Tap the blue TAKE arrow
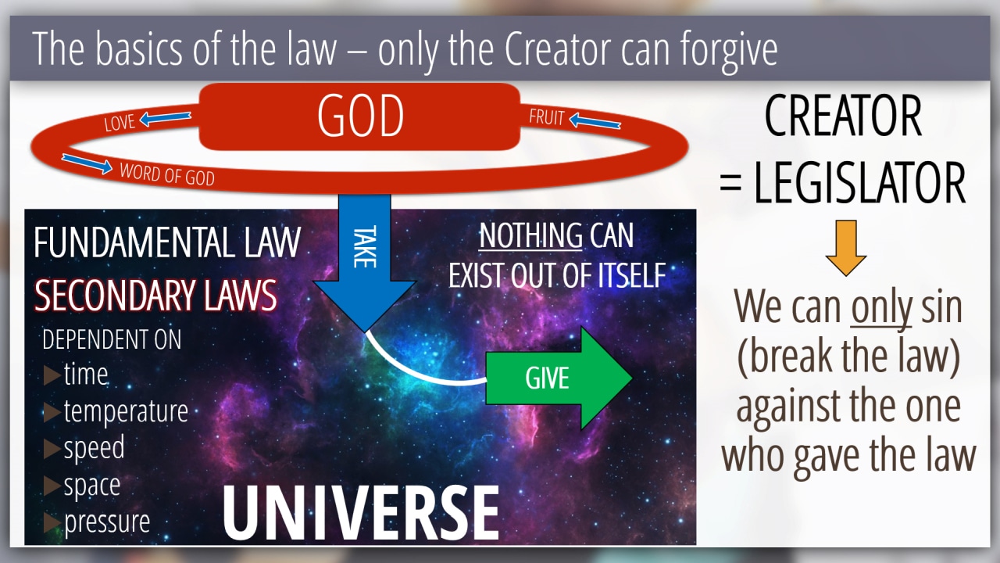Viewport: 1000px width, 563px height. (365, 264)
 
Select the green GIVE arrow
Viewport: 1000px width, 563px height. (559, 378)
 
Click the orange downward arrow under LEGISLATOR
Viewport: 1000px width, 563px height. (845, 248)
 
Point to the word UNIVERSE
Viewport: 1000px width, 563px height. (361, 513)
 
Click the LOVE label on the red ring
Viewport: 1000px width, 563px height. (120, 123)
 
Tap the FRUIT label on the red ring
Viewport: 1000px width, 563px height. (547, 117)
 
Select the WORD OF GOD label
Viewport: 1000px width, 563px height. (167, 174)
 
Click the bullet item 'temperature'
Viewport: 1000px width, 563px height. (126, 411)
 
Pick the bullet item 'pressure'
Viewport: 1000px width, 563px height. (107, 522)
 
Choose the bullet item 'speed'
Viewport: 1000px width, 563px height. (94, 448)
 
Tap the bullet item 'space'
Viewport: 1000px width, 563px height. (92, 486)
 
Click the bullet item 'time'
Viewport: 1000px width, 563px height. (86, 374)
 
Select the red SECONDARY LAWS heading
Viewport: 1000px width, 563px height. (155, 295)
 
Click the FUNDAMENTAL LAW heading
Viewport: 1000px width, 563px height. (167, 242)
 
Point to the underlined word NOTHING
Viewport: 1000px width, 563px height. (530, 235)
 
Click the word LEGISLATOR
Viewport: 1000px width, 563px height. (860, 182)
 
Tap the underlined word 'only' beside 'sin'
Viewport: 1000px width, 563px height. (881, 308)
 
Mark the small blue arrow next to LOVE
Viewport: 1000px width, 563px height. (165, 118)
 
